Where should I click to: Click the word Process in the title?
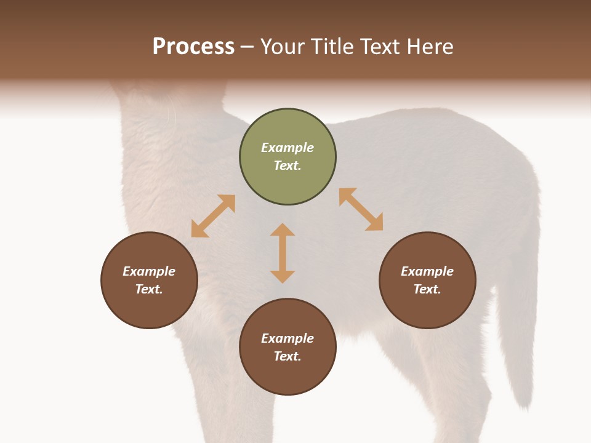coord(193,47)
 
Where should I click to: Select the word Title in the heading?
coord(332,47)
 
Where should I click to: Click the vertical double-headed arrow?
coord(283,253)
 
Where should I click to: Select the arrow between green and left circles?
coord(213,216)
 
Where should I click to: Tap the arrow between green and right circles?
coord(361,209)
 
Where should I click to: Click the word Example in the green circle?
coord(287,148)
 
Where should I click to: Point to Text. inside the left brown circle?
coord(149,289)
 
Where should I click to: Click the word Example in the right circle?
coord(427,271)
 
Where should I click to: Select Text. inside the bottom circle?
coord(287,356)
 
